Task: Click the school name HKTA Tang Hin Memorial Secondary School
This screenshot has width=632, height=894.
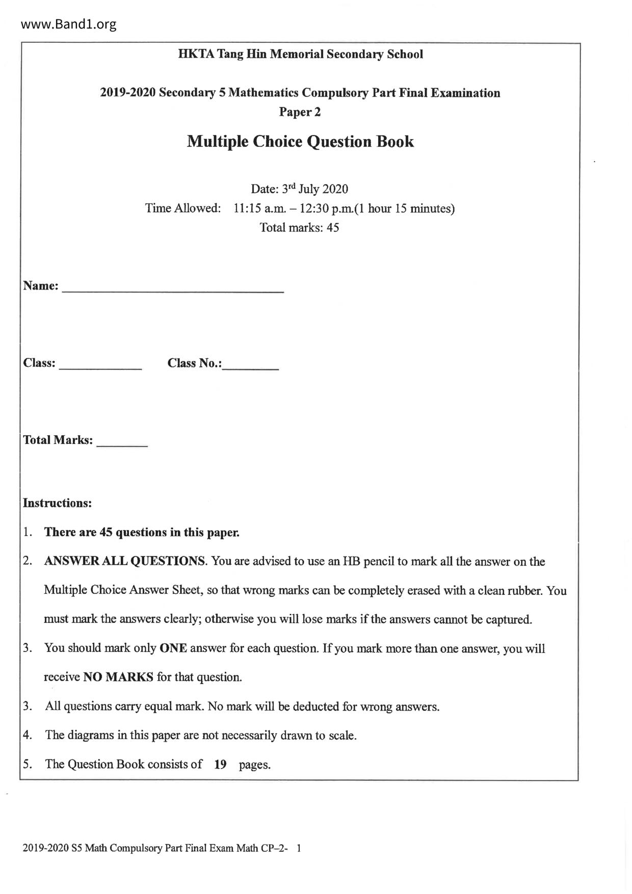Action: (x=300, y=54)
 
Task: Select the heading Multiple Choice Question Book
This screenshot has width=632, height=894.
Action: (x=300, y=141)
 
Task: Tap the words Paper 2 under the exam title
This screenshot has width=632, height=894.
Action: (x=300, y=112)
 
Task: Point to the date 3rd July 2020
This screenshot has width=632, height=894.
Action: (x=314, y=189)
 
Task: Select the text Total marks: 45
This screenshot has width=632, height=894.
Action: (x=299, y=228)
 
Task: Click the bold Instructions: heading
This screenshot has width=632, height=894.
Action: (x=57, y=503)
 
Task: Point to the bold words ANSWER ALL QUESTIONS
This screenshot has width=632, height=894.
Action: (x=125, y=561)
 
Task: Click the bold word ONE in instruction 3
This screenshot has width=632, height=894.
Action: (x=173, y=648)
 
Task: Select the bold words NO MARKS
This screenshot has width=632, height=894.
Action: (x=118, y=677)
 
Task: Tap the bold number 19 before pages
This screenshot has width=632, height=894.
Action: (x=220, y=765)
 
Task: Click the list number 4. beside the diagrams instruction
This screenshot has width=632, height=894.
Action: (x=28, y=735)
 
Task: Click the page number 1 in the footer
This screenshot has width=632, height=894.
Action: (x=299, y=848)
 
